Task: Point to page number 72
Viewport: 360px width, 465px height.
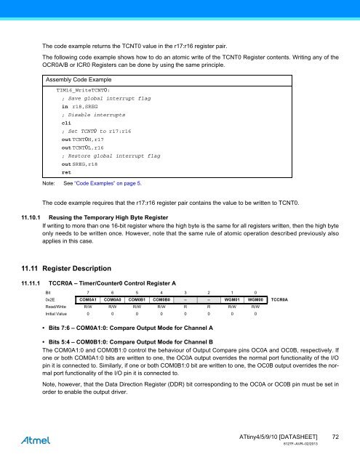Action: [x=334, y=435]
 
